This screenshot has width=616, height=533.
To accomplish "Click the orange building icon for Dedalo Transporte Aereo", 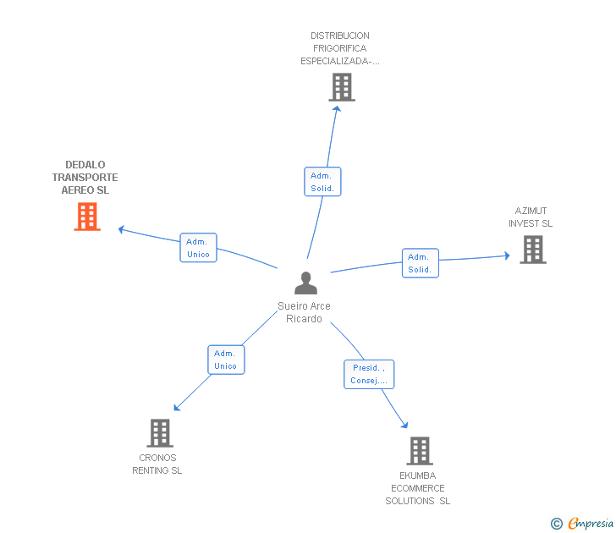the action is click(x=87, y=217).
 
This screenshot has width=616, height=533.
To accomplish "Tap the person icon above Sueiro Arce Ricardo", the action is click(x=305, y=283).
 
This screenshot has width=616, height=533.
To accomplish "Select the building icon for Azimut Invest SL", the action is click(x=533, y=250).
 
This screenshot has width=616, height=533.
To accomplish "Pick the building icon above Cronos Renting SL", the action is click(x=160, y=433).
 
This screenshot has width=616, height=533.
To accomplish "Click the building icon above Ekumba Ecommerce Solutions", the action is click(x=420, y=451).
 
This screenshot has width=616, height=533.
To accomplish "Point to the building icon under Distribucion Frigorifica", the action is click(x=342, y=87).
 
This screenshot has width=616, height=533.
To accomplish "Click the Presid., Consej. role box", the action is click(x=369, y=374).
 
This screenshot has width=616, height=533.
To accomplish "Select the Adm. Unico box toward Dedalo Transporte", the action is click(x=198, y=247).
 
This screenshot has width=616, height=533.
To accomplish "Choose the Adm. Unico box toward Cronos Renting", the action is click(x=226, y=360).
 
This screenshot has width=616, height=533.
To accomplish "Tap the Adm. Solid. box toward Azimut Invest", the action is click(x=421, y=263).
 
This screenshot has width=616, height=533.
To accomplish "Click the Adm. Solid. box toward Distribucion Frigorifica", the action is click(x=322, y=181).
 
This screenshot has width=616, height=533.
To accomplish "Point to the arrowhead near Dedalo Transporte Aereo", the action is click(x=121, y=229).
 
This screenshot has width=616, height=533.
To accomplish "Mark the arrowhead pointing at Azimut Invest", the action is click(x=507, y=256).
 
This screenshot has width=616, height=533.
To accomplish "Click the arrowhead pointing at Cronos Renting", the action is click(x=177, y=408).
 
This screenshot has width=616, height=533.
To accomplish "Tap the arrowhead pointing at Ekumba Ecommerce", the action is click(x=404, y=425).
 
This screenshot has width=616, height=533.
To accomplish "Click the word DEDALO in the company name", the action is click(x=85, y=165).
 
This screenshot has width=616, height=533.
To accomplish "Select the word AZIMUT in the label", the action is click(x=531, y=211).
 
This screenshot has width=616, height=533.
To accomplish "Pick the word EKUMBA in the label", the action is click(x=418, y=475).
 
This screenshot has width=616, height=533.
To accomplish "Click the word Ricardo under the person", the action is click(x=304, y=319).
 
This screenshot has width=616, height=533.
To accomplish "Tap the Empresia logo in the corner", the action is click(x=582, y=523).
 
